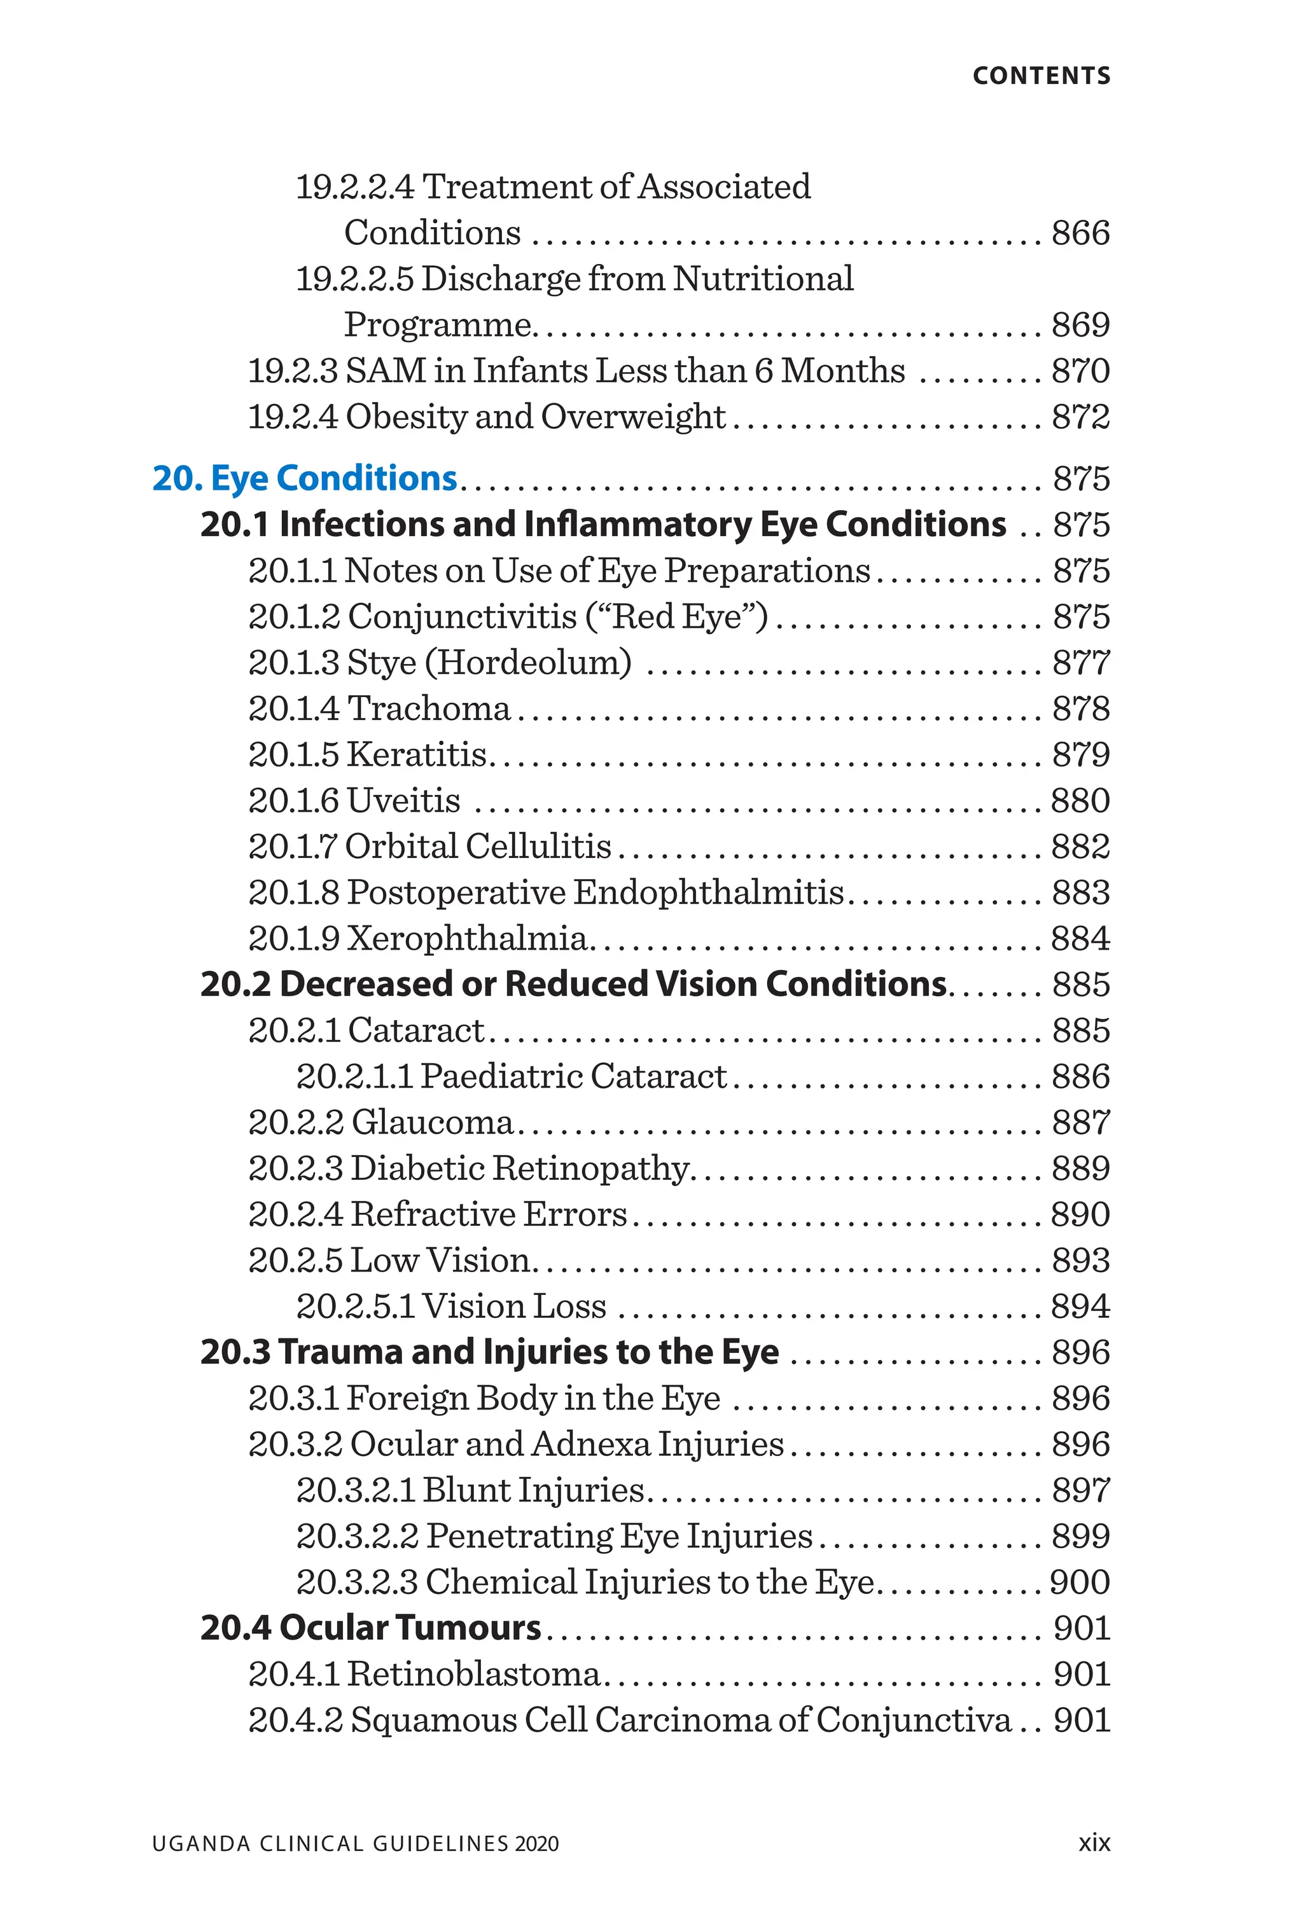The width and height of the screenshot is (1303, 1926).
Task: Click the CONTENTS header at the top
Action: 1041,76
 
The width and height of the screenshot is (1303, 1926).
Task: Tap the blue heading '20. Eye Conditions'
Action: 304,479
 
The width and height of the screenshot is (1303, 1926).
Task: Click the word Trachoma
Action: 429,709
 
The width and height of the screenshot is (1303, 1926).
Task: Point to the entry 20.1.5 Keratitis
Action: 367,755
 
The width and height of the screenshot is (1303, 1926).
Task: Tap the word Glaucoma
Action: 432,1122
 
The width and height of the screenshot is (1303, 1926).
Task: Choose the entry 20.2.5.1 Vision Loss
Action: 451,1306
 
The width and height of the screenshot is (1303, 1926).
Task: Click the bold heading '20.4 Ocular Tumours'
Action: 370,1628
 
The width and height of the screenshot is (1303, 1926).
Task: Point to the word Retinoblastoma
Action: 473,1674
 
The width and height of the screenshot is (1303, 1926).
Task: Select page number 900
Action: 1079,1582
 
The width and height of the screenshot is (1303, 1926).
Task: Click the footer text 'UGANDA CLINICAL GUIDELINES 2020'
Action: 355,1844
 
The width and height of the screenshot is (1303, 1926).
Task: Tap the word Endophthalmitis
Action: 708,892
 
